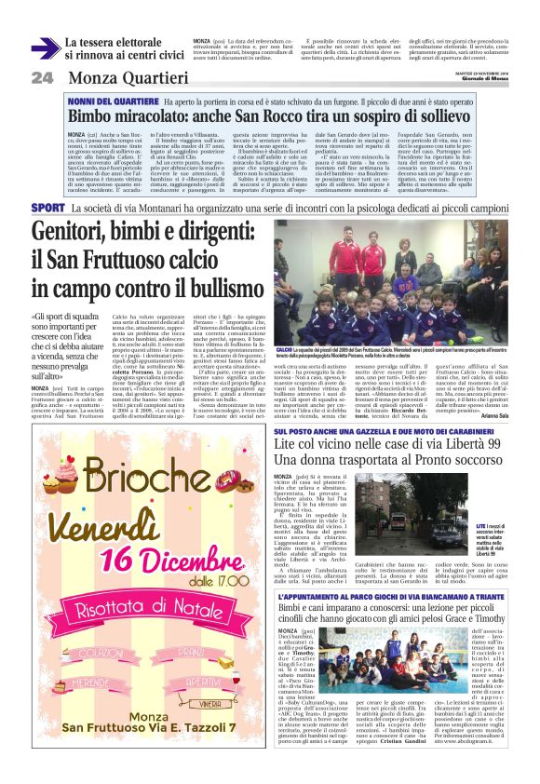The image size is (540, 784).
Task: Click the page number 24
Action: [x=43, y=78]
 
